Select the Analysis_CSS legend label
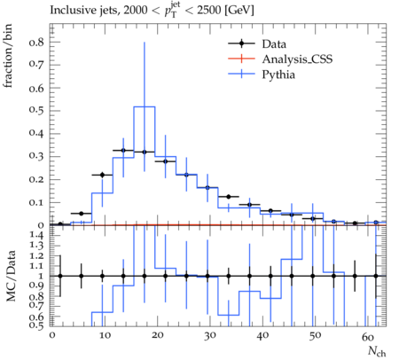click(x=297, y=59)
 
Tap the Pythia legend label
click(x=278, y=74)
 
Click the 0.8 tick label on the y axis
click(x=36, y=43)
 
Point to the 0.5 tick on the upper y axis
click(x=36, y=111)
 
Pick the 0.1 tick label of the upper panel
click(x=36, y=202)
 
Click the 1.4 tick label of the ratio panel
click(x=36, y=236)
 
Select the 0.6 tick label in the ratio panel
click(x=36, y=317)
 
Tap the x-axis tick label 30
click(x=209, y=336)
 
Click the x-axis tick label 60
click(x=367, y=336)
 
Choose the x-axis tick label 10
click(x=105, y=336)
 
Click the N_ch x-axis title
click(x=377, y=351)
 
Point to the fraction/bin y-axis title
click(x=8, y=56)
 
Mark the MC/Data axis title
click(x=11, y=276)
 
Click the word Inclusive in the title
click(x=69, y=11)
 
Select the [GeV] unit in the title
click(x=239, y=11)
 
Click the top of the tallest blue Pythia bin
click(x=145, y=106)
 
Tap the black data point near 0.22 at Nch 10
click(x=102, y=175)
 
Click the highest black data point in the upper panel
click(x=123, y=151)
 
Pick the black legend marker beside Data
click(x=241, y=43)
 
